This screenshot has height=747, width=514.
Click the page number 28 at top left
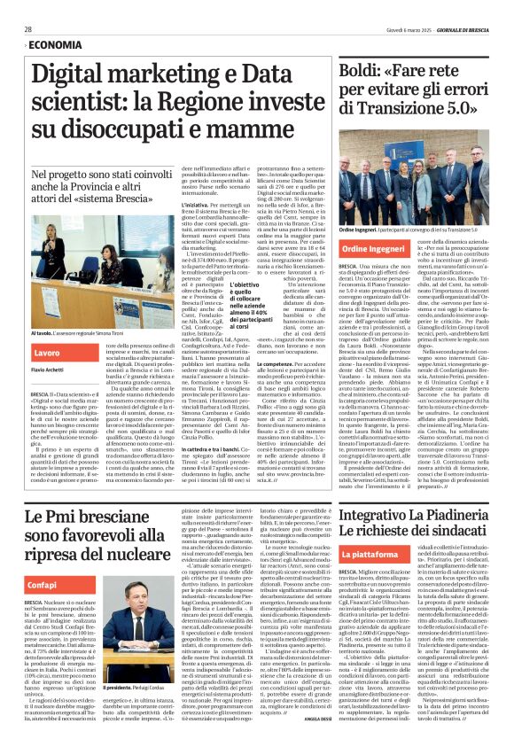(x=27, y=29)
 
